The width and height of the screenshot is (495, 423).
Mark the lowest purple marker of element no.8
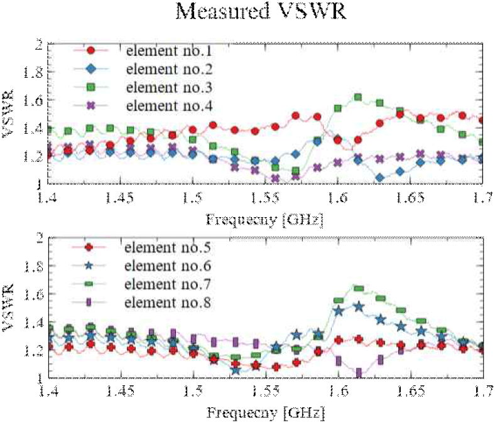(359, 374)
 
